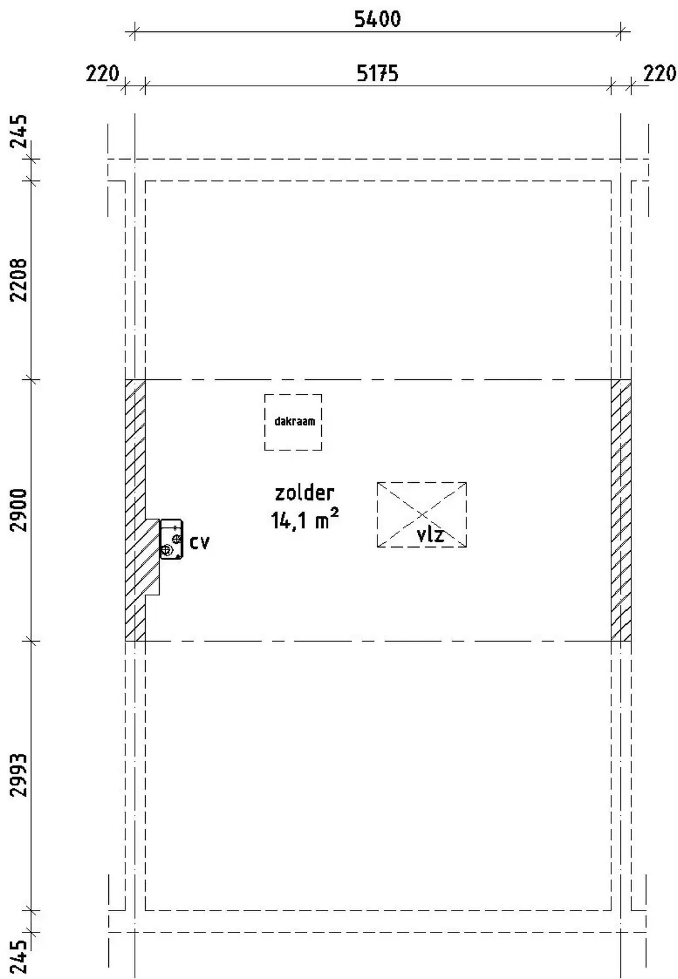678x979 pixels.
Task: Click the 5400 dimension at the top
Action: (x=377, y=20)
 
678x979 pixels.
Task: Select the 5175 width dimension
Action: (x=378, y=73)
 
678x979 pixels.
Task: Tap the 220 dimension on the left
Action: (x=102, y=73)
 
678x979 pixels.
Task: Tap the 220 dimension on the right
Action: (x=660, y=73)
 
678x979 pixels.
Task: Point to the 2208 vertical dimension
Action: (x=19, y=280)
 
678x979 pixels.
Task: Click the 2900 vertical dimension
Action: (x=19, y=510)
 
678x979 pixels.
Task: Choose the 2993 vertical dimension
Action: (x=19, y=775)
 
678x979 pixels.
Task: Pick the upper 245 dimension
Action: (x=19, y=131)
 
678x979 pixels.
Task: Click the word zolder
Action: (x=305, y=493)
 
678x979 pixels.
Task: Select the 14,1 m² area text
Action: (x=305, y=519)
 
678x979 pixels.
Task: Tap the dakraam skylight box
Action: (x=293, y=422)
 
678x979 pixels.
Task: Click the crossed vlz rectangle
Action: (x=422, y=515)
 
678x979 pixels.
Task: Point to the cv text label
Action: (x=199, y=542)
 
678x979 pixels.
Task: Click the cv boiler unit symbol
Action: (x=172, y=539)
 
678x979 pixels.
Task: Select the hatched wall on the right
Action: (x=620, y=510)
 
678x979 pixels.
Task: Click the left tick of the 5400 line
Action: (x=135, y=31)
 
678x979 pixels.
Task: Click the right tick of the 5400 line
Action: (x=620, y=31)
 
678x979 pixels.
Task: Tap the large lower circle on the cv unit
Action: (x=166, y=549)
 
